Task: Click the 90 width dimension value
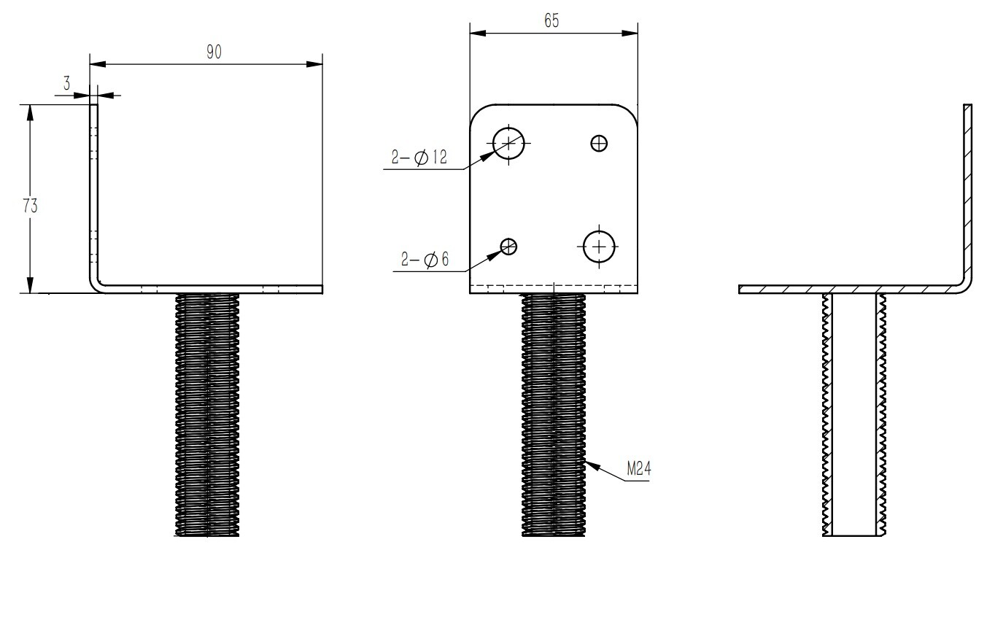pos(213,53)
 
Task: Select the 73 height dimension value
pos(30,206)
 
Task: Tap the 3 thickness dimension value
pos(66,84)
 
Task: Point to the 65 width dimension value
pos(551,21)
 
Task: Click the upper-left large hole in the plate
pos(509,142)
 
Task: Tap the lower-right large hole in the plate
pos(600,247)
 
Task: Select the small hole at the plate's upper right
pos(599,143)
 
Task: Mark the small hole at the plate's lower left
pos(508,247)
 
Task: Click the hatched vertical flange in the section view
pos(968,190)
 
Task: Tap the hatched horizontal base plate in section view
pos(846,289)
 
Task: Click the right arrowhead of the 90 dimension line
pos(315,64)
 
